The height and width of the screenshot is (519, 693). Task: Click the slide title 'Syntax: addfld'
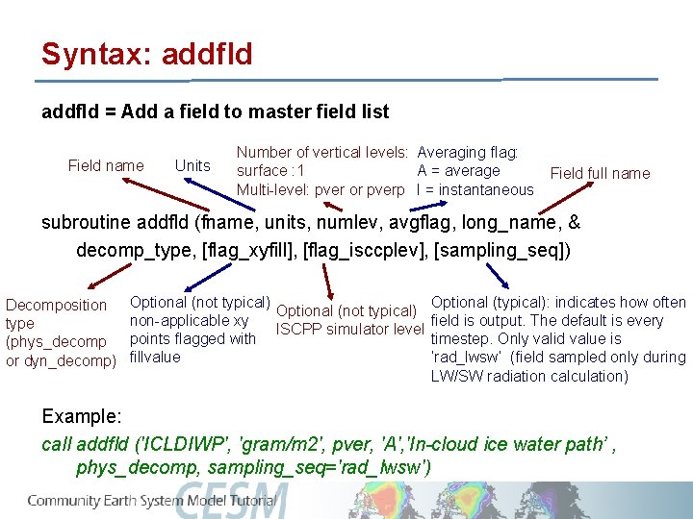(146, 54)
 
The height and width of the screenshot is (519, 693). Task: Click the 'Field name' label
(106, 165)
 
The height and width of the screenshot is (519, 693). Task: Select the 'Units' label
(192, 165)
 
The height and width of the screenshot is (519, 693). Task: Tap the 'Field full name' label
(600, 173)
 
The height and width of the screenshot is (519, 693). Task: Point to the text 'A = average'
(458, 170)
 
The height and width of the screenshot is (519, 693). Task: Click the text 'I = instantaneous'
(475, 189)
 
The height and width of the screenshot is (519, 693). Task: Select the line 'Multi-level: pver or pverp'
(321, 189)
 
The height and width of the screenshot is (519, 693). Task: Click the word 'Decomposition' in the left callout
(57, 306)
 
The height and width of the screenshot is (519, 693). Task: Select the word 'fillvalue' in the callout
(154, 357)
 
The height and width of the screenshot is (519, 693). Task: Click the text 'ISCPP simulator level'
(349, 330)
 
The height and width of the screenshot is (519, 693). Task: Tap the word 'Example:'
(82, 416)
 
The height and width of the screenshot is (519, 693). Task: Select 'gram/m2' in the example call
(267, 444)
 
